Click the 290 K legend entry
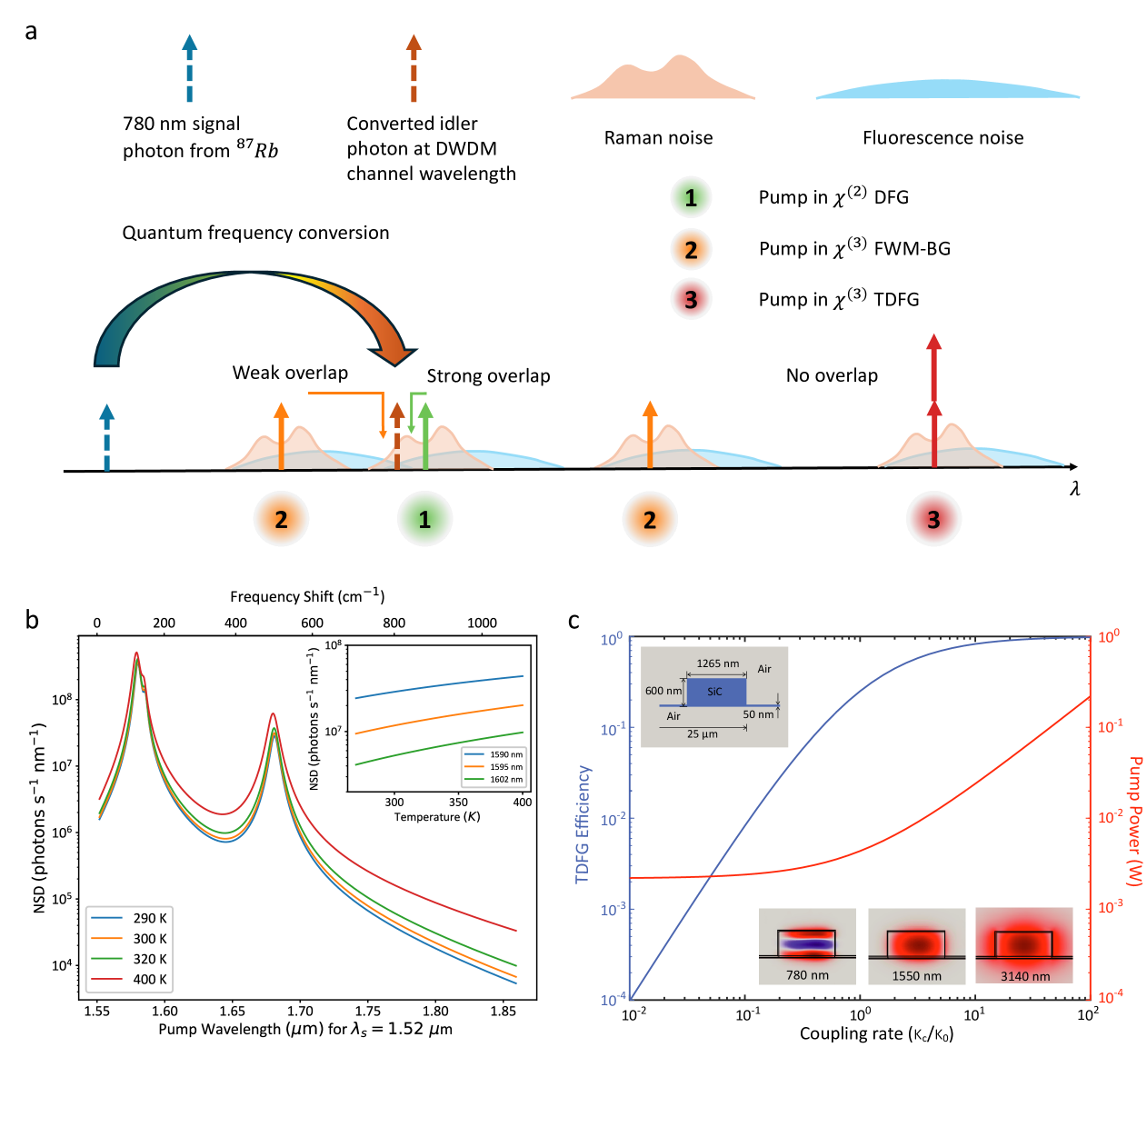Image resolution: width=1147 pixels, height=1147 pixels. pyautogui.click(x=130, y=918)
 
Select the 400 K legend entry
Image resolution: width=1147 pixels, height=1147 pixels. pyautogui.click(x=130, y=979)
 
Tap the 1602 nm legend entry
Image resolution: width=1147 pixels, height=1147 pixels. pyautogui.click(x=494, y=779)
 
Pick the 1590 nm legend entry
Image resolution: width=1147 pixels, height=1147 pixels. pyautogui.click(x=494, y=754)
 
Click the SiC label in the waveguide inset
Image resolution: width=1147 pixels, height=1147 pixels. pyautogui.click(x=714, y=692)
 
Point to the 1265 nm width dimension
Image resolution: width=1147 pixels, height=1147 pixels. pyautogui.click(x=717, y=663)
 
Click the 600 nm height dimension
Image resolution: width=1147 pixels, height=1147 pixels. pyautogui.click(x=663, y=691)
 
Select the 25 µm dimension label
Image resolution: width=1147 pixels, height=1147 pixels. pyautogui.click(x=702, y=734)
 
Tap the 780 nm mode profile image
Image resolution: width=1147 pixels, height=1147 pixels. pyautogui.click(x=807, y=946)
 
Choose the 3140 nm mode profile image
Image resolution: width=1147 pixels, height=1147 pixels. pyautogui.click(x=1024, y=946)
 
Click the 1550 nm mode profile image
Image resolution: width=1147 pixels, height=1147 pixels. pyautogui.click(x=916, y=946)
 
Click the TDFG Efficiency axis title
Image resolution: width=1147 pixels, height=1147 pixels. pyautogui.click(x=583, y=823)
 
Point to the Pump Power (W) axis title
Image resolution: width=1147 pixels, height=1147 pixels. pyautogui.click(x=1134, y=821)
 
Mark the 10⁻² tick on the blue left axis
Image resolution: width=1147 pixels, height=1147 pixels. pyautogui.click(x=613, y=820)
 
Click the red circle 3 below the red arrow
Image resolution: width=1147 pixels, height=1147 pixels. pyautogui.click(x=933, y=519)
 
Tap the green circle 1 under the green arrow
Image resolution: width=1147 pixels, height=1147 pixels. pyautogui.click(x=424, y=519)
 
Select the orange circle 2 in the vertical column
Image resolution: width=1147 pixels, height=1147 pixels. pyautogui.click(x=691, y=250)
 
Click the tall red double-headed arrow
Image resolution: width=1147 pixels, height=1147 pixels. pyautogui.click(x=933, y=400)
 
